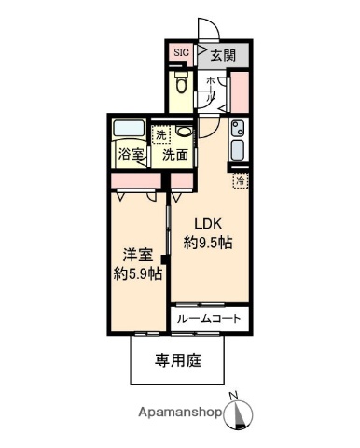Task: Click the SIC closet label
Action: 181,53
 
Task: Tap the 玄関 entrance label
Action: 221,54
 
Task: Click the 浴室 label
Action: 129,155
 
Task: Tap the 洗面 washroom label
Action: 175,155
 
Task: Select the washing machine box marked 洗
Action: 162,134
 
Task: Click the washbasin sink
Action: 184,132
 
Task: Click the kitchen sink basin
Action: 236,149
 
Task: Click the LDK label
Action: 207,224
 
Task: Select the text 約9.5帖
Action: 209,243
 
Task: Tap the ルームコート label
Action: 209,319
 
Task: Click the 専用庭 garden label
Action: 177,359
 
